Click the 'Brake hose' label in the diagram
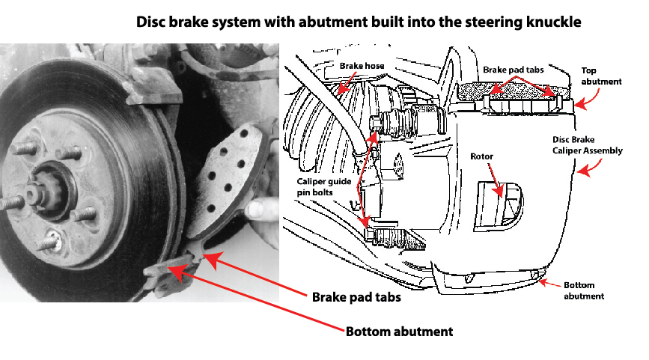click(x=362, y=66)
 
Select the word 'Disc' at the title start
click(x=151, y=22)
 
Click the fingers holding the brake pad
click(x=261, y=209)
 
